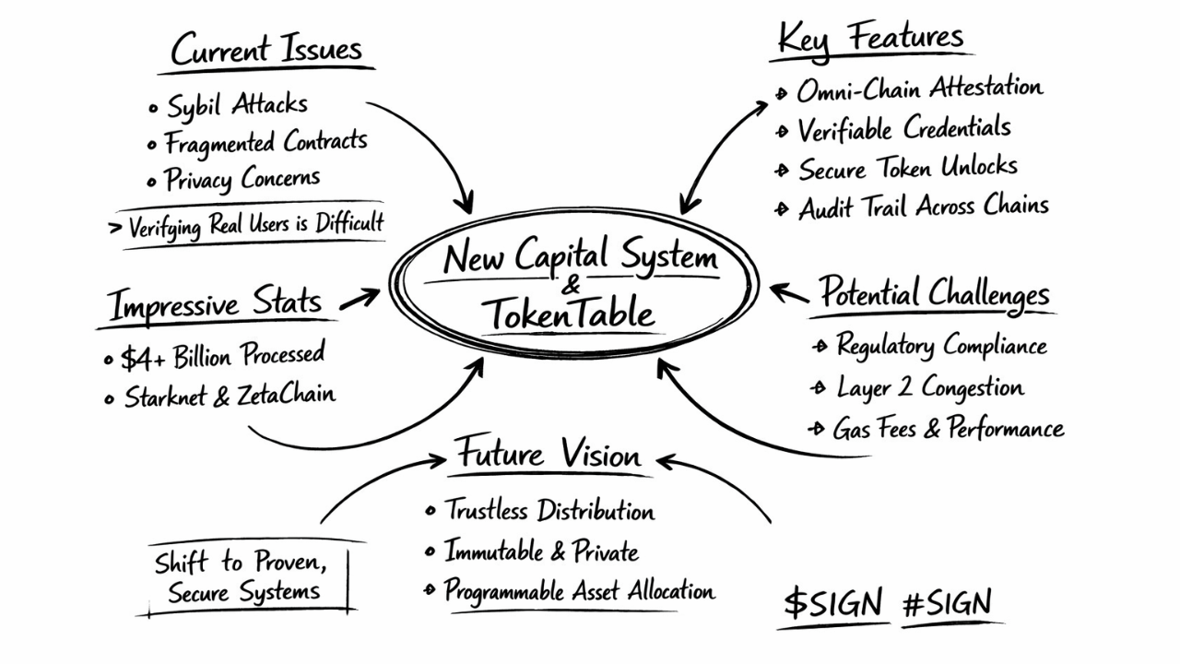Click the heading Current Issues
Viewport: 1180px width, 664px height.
coord(266,50)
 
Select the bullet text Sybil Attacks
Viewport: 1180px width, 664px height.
coord(237,105)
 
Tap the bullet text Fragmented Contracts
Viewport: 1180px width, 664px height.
coord(265,142)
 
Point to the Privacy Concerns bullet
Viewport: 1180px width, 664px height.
coord(242,178)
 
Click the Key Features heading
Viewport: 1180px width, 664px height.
coord(871,39)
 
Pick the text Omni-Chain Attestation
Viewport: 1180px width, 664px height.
coord(919,89)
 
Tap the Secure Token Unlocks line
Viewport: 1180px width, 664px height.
coord(907,168)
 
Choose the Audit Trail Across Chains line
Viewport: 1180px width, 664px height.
coord(923,207)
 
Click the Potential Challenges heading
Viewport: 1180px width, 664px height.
coord(935,293)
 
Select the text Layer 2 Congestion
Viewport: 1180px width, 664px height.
coord(929,387)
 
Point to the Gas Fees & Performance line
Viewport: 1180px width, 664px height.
coord(948,429)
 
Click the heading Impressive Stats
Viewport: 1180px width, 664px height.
coord(215,304)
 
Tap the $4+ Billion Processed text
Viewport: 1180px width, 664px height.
coord(222,356)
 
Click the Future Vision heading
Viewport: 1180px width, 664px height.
coord(549,455)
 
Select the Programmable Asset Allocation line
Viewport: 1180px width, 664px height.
coord(579,590)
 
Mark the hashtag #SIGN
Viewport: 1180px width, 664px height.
coord(947,604)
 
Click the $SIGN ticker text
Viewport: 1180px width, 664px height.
coord(833,604)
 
